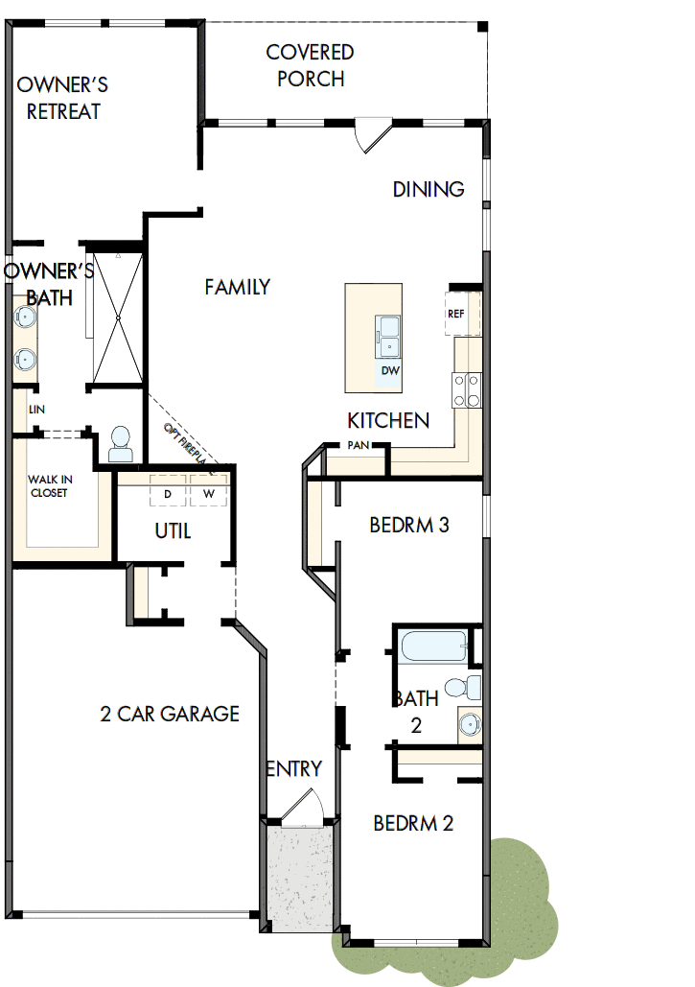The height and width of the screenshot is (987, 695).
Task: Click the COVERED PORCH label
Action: click(310, 65)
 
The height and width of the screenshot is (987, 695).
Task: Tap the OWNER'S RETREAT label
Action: click(62, 98)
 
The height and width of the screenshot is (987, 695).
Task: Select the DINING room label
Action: click(429, 189)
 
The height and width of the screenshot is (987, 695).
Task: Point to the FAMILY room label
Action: click(237, 286)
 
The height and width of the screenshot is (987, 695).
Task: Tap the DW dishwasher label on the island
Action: click(389, 370)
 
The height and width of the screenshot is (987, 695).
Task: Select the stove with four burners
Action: click(467, 389)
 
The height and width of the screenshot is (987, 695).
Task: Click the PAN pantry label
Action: click(359, 445)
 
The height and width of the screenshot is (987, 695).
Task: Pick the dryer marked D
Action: click(168, 493)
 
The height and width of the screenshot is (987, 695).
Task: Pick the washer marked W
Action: click(208, 493)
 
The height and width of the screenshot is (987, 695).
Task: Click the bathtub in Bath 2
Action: click(432, 646)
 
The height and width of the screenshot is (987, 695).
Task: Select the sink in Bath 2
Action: click(469, 722)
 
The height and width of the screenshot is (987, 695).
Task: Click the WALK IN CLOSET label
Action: click(49, 485)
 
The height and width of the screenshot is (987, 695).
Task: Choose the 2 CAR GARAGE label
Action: click(170, 714)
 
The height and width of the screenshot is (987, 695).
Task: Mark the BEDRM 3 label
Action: click(409, 526)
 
